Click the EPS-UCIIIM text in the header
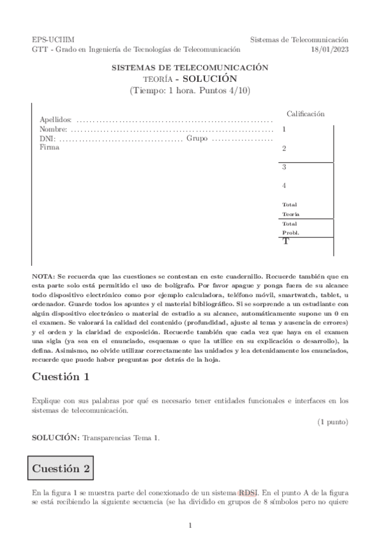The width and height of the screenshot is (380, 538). pos(48,39)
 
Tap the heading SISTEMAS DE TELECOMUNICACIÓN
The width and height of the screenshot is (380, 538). pos(190,67)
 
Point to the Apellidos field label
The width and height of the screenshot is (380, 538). pos(55,119)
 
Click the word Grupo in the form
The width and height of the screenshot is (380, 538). pos(197,138)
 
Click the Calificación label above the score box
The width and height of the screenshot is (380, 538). pos(306,114)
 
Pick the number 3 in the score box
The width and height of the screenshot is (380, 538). pos(284,167)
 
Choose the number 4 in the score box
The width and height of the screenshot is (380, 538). pos(284,186)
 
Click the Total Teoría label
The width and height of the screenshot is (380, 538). pos(289,209)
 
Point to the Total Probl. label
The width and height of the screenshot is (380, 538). pos(290,228)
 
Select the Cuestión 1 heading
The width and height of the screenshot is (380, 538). pos(61,376)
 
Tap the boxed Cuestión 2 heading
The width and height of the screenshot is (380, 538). pos(60,469)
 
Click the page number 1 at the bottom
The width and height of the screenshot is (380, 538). pos(190,525)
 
